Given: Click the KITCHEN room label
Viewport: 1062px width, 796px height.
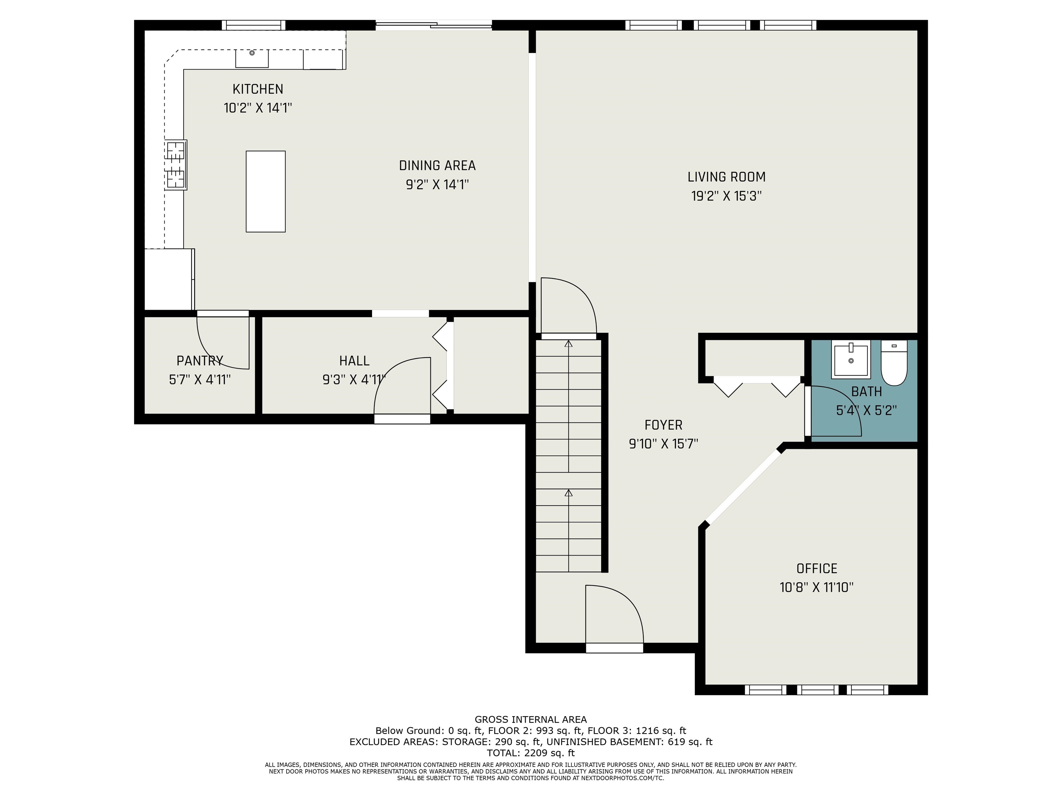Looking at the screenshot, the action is (258, 89).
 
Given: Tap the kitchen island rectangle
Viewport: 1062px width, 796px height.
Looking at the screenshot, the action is (265, 191).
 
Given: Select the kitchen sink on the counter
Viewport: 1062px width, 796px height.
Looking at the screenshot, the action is (252, 58).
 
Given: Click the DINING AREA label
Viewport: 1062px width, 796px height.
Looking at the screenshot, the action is (437, 165).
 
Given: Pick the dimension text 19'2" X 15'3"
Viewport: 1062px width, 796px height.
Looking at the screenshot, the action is (726, 196).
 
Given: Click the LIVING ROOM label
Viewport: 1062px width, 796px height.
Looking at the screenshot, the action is (726, 177).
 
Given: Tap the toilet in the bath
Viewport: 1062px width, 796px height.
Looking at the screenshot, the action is (894, 363).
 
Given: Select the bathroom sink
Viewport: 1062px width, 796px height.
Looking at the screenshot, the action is (851, 359).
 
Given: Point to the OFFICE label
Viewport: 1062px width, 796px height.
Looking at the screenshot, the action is (817, 569).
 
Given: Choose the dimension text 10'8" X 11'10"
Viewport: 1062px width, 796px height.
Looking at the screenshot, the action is (817, 587).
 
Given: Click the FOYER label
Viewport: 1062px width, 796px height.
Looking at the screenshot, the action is (663, 425).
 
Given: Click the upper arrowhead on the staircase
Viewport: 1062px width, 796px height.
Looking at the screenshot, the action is (568, 343).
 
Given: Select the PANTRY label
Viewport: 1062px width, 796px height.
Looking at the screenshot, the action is (200, 361).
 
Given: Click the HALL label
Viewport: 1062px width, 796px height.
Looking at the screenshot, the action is (354, 361).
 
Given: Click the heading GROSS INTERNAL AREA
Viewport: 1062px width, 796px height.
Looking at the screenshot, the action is (531, 719).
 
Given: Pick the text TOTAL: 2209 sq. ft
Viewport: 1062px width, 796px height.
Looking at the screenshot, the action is (531, 753).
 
